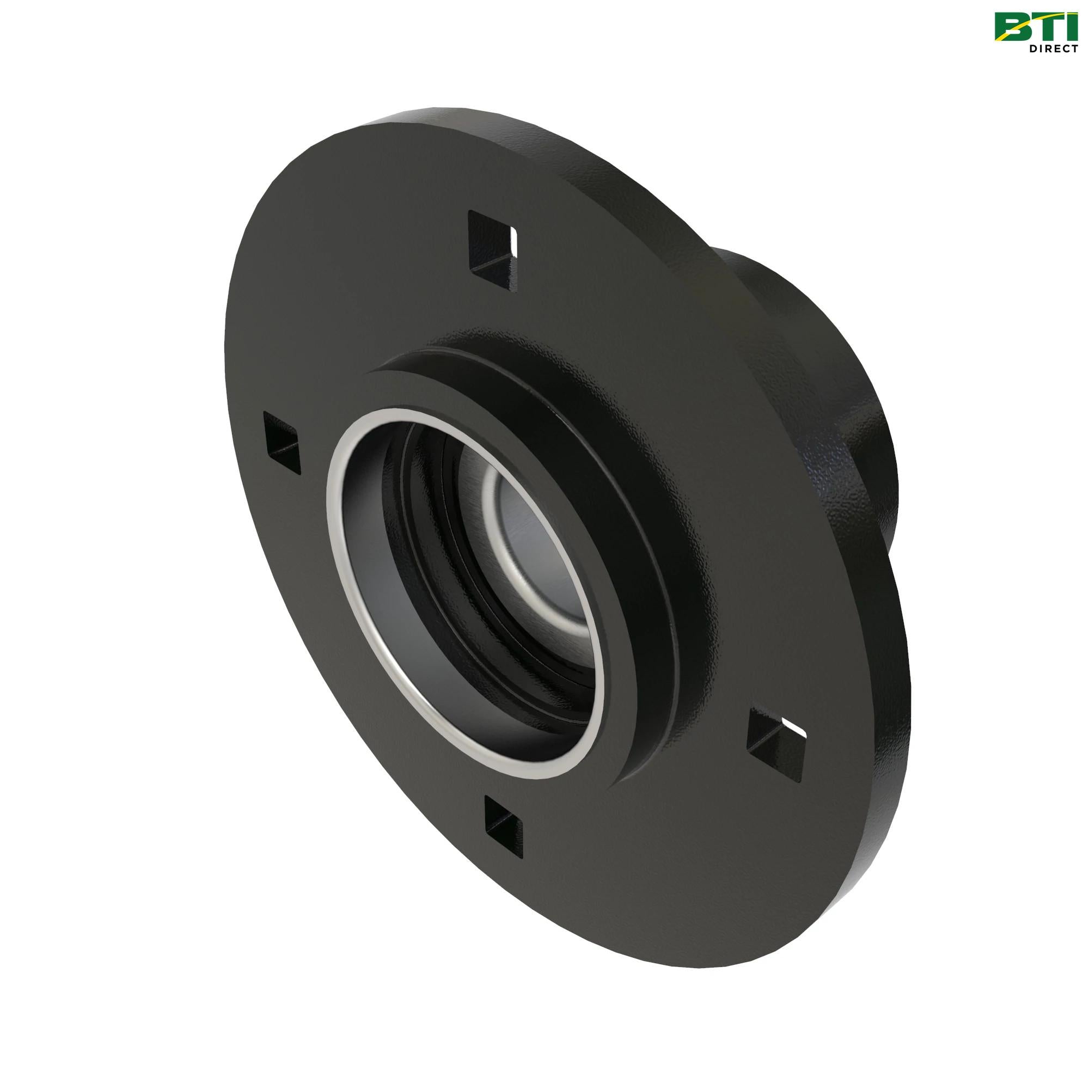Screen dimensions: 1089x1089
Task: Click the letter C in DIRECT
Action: pos(1062,48)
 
